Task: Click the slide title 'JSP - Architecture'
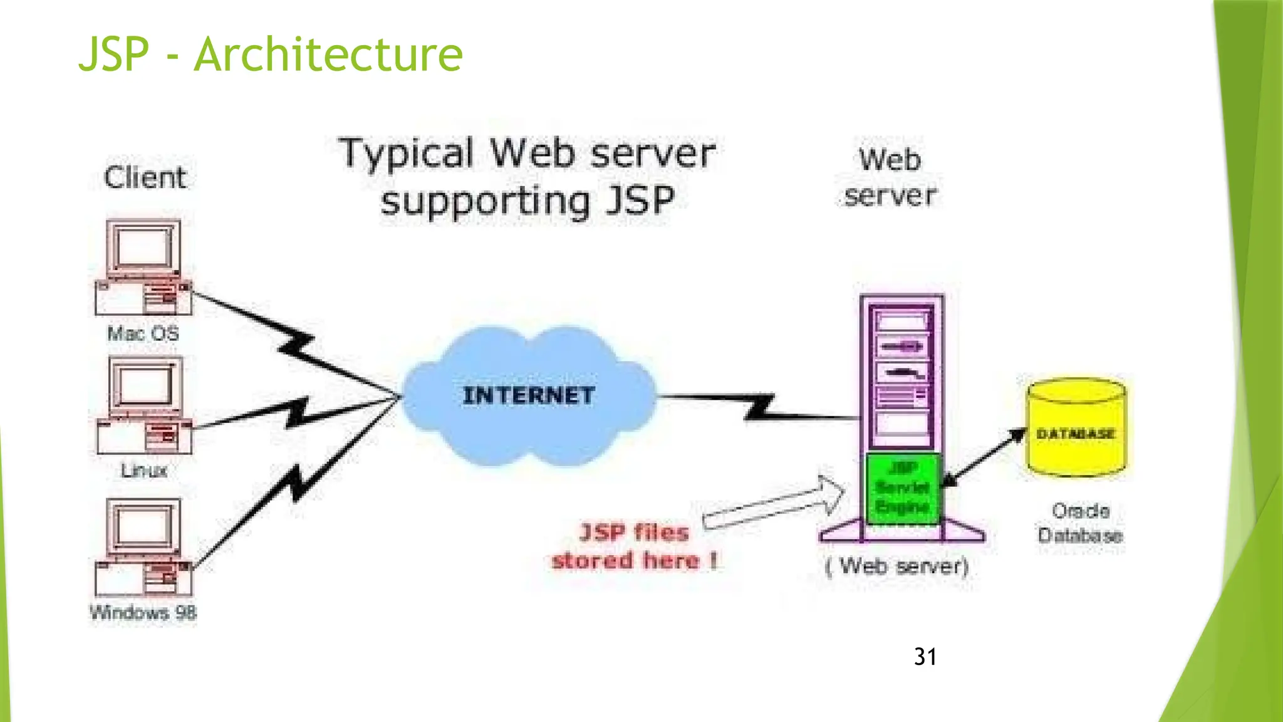pos(270,55)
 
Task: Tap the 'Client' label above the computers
pos(145,177)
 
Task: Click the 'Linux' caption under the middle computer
pos(144,470)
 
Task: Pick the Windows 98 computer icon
pos(143,547)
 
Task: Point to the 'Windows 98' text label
pos(143,612)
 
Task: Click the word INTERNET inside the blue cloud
pos(528,395)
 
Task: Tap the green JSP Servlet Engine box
pos(902,488)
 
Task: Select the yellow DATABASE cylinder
pos(1076,429)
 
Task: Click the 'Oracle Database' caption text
pos(1080,523)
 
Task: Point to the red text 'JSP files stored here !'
pos(634,546)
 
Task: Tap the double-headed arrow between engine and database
pos(984,458)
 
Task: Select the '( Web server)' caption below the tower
pos(897,567)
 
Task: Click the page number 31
pos(925,657)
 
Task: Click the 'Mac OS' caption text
pos(143,333)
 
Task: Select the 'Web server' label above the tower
pos(890,177)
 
